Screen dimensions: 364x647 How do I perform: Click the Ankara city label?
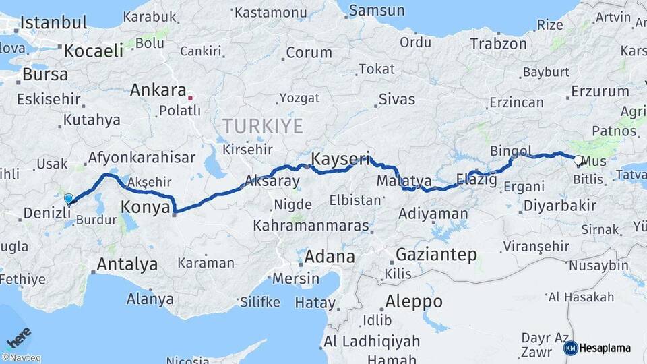click(158, 90)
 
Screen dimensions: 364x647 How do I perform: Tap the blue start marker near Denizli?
click(69, 198)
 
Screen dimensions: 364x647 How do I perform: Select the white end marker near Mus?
click(578, 160)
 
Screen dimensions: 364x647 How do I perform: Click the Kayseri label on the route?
click(341, 160)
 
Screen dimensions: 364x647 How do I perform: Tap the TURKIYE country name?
click(264, 125)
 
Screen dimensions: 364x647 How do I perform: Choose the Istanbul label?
click(54, 22)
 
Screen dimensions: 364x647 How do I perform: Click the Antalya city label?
click(127, 264)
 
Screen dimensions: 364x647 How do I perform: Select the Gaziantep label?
click(436, 255)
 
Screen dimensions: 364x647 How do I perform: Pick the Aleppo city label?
click(414, 301)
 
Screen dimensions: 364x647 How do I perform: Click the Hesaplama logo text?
click(605, 348)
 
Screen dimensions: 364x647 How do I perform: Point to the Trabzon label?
click(498, 44)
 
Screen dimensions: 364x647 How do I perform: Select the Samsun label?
click(377, 10)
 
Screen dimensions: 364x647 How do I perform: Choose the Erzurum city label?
click(599, 92)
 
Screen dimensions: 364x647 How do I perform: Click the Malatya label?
click(404, 180)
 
